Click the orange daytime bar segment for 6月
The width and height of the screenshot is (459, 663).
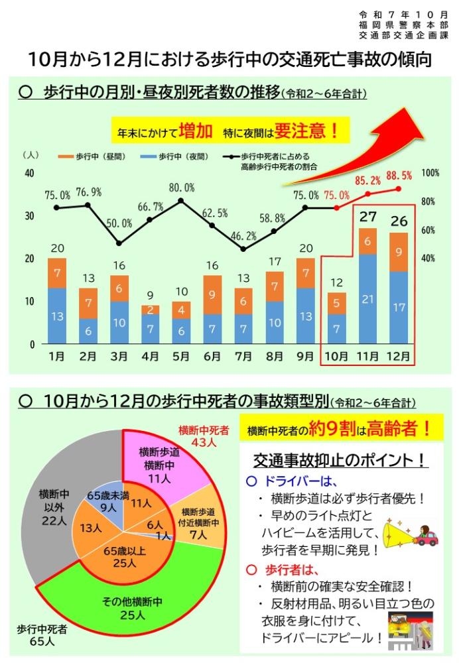coord(212,294)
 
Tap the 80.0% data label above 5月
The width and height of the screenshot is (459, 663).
coord(181,188)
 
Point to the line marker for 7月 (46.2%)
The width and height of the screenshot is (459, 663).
coord(243,249)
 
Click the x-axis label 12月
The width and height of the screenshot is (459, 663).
coord(398,357)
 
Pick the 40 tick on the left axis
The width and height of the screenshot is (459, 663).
coord(29,174)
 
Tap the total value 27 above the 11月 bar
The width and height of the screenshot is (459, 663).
coord(367,217)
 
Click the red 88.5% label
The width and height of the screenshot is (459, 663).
coord(399,176)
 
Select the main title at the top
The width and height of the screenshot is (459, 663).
coord(229,60)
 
